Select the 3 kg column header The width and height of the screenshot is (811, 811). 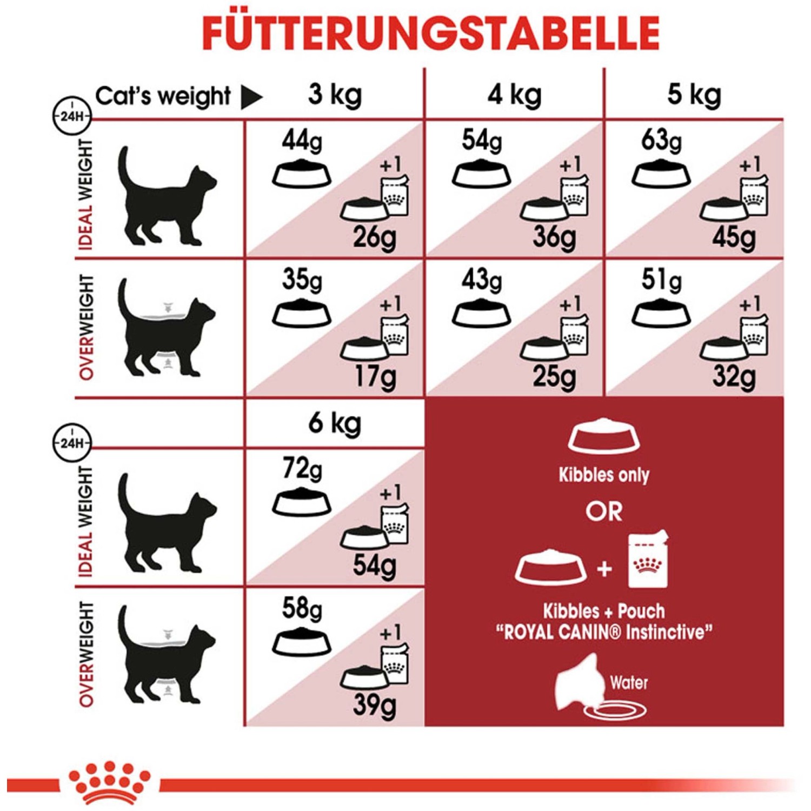point(335,95)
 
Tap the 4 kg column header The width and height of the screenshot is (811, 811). point(514,95)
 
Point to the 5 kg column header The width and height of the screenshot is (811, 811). point(694,95)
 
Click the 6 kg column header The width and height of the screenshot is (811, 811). point(335,423)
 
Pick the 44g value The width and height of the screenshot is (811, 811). point(302,142)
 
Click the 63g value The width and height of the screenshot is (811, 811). point(661,141)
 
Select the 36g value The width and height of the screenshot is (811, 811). point(554,237)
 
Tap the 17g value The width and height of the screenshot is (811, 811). point(375,377)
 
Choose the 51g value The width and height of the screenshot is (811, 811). point(662,280)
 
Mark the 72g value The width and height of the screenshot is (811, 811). point(302,468)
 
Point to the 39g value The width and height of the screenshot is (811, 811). point(375,705)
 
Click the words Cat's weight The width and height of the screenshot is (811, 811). point(163,96)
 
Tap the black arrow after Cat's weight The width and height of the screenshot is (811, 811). point(251,98)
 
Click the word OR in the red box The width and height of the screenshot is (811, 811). point(604,511)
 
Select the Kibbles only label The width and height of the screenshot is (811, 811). point(604,475)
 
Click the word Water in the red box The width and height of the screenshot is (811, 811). point(629,682)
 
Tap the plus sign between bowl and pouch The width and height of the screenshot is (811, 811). point(604,569)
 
